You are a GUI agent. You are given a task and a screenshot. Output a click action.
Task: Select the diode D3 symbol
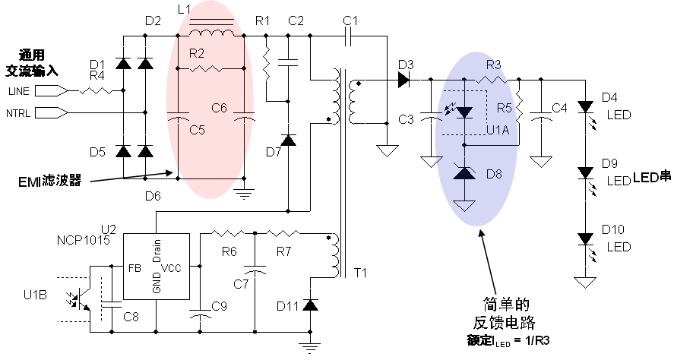tap(403, 78)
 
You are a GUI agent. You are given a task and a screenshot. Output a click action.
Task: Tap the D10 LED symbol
tap(585, 238)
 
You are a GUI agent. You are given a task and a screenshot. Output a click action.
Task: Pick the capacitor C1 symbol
tap(350, 36)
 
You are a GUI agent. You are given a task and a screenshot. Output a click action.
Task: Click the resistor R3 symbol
tap(494, 78)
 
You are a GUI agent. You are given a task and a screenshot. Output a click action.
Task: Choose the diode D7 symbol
tap(288, 141)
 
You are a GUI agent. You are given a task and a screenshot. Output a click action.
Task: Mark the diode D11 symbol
tap(310, 305)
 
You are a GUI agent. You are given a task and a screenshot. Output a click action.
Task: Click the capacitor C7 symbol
tap(255, 270)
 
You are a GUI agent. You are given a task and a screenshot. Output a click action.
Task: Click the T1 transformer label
tap(361, 273)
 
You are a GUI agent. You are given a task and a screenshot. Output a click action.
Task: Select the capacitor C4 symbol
tap(541, 118)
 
